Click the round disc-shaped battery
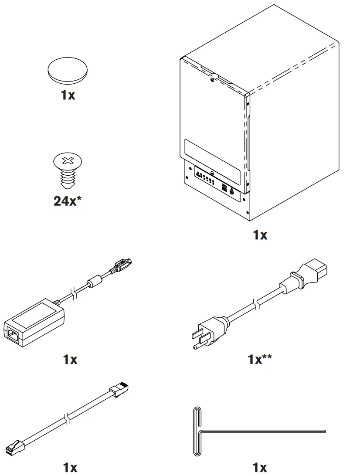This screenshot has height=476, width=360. tap(68, 71)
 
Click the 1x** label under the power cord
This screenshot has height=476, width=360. tap(260, 360)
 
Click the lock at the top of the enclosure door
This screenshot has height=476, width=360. tap(212, 80)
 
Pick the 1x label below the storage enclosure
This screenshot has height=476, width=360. tap(260, 235)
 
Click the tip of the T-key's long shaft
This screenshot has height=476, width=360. tap(323, 431)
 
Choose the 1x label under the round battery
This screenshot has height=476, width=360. tap(68, 95)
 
